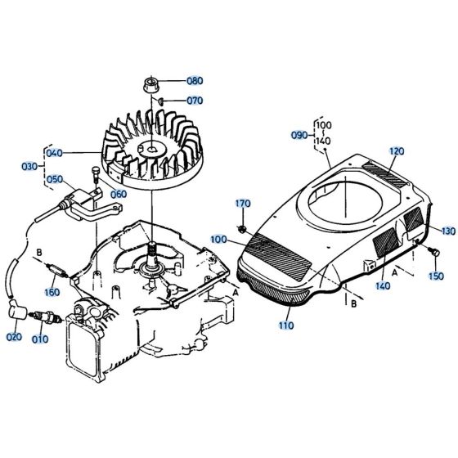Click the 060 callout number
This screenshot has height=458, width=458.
[119, 194]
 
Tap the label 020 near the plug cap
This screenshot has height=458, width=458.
[15, 337]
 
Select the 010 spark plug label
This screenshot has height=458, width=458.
[40, 337]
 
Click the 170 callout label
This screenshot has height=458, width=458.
[243, 203]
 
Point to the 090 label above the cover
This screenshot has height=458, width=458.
[300, 135]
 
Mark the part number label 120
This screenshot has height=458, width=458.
[397, 151]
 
